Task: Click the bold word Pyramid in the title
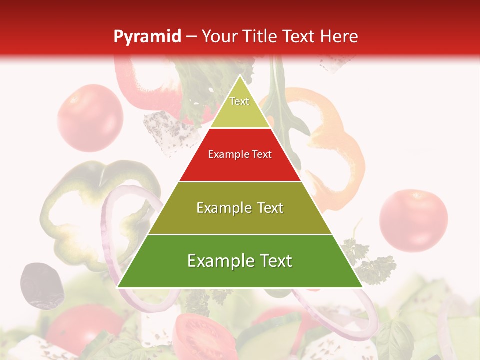[147, 37]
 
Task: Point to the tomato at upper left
[90, 118]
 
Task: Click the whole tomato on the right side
[413, 219]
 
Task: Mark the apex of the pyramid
[240, 76]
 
